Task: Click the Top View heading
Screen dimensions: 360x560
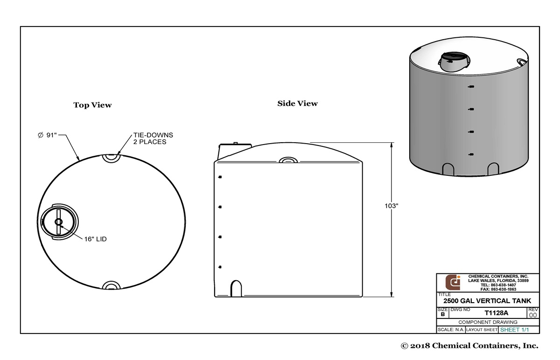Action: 92,105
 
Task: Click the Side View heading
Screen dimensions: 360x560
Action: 297,104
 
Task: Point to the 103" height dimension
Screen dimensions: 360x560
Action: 391,206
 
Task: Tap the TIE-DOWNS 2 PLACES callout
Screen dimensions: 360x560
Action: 150,138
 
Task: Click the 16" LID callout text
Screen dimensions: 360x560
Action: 96,239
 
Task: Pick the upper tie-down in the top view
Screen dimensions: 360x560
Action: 111,158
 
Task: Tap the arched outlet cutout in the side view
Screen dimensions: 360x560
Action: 236,288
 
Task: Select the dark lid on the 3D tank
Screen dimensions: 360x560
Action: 453,60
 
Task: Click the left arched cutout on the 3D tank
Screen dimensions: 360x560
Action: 448,169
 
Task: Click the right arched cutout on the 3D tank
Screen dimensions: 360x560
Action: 493,168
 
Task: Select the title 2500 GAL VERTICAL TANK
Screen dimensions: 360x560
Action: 487,301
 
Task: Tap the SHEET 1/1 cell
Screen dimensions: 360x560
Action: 514,330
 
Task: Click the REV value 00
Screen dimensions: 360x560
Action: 533,315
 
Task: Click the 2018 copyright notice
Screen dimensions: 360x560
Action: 469,346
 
